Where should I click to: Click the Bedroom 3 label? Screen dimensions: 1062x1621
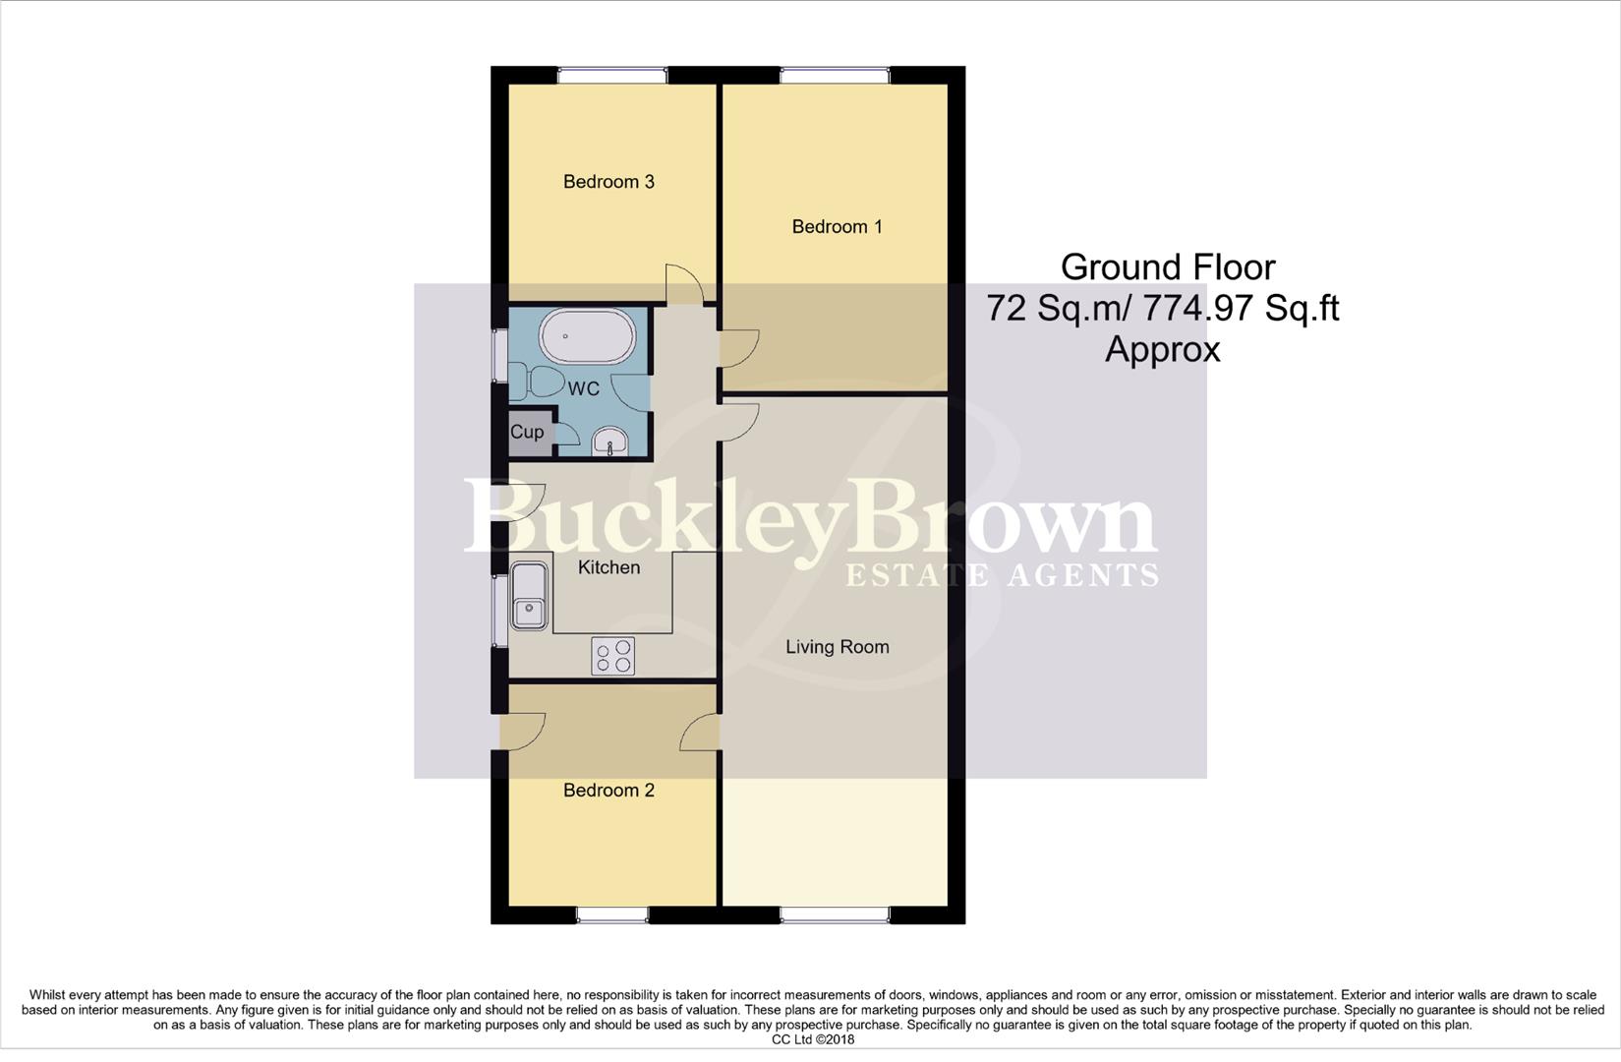tap(608, 182)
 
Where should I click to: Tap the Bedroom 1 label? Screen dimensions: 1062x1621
tap(837, 227)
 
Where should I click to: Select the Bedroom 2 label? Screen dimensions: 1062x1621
tap(608, 791)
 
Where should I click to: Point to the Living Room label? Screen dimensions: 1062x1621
tap(837, 647)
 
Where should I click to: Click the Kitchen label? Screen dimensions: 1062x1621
tap(608, 567)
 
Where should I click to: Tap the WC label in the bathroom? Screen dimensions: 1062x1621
tap(583, 389)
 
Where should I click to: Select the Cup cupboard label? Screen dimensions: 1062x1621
tap(527, 433)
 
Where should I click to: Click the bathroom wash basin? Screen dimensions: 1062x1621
tap(611, 442)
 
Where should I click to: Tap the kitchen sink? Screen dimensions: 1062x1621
tap(529, 596)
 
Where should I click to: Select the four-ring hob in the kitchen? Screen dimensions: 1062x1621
tap(612, 656)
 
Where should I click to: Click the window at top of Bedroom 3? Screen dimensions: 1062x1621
tap(611, 75)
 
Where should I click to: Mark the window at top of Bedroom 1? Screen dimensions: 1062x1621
tap(835, 75)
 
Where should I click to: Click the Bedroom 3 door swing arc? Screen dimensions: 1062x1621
tap(685, 283)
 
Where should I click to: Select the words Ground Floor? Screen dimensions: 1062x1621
tap(1168, 267)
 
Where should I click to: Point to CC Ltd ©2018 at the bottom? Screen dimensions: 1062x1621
tap(812, 1039)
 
